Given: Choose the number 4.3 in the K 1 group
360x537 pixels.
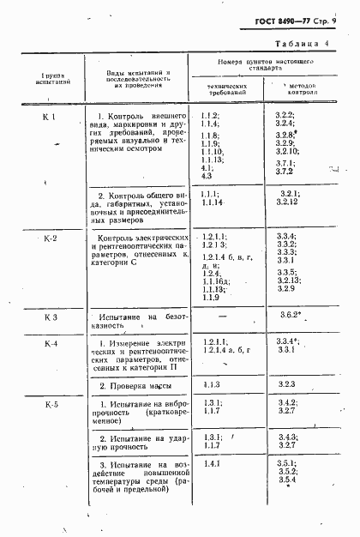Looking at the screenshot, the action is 206,176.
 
